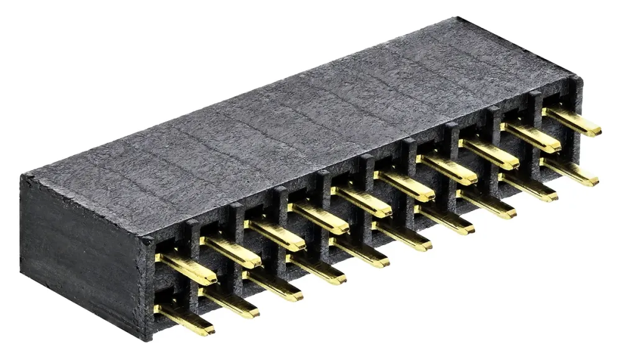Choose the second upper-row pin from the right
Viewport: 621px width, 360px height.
(531, 137)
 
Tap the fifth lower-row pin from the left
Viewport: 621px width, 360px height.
(360, 252)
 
